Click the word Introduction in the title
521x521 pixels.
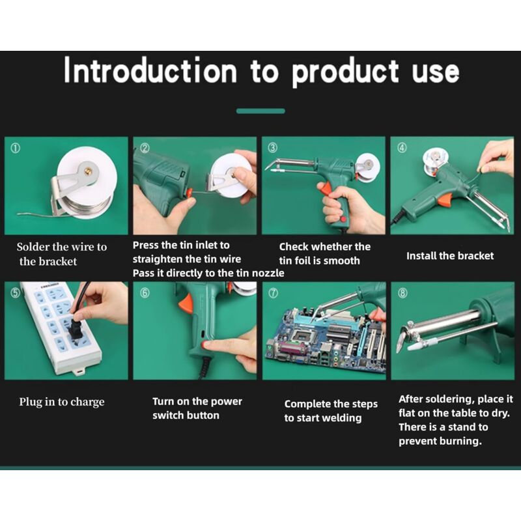150,71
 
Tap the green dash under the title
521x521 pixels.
260,111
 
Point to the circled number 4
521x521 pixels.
402,148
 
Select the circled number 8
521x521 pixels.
402,293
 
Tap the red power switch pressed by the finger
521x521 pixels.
205,346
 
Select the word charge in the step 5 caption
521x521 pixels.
88,402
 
